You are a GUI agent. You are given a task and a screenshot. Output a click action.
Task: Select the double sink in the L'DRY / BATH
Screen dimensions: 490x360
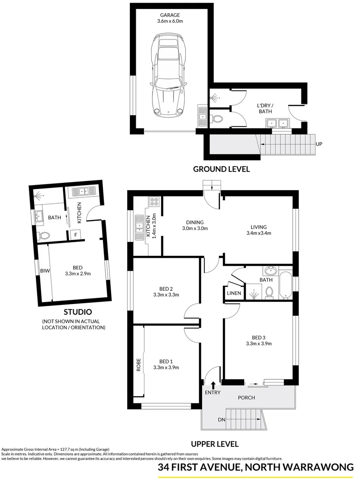pyautogui.click(x=277, y=122)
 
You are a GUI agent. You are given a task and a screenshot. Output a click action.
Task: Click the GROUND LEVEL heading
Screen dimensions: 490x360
pyautogui.click(x=222, y=169)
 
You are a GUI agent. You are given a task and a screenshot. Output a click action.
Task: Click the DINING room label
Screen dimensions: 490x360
pyautogui.click(x=195, y=222)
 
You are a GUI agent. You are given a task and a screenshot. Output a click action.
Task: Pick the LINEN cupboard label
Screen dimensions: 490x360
pyautogui.click(x=233, y=294)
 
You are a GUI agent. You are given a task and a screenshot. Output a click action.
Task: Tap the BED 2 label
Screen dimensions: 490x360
pyautogui.click(x=166, y=289)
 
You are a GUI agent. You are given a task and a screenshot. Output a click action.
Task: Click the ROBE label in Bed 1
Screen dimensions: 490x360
pyautogui.click(x=139, y=365)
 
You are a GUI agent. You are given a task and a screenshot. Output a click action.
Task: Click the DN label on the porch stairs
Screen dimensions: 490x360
pyautogui.click(x=222, y=420)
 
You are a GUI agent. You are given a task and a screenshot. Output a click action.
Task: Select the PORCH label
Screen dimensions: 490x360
pyautogui.click(x=247, y=398)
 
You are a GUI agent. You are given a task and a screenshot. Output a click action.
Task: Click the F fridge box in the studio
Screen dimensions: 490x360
pyautogui.click(x=76, y=235)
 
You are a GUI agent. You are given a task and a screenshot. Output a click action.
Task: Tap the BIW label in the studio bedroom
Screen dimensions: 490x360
pyautogui.click(x=44, y=271)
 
